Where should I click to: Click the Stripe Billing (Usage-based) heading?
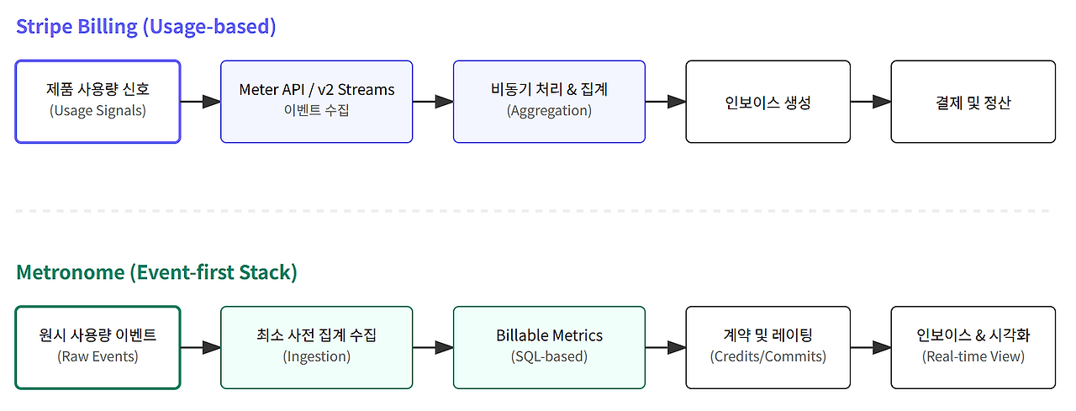(x=146, y=26)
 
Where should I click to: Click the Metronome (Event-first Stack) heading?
(x=156, y=272)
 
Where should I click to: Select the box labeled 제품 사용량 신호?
(x=98, y=101)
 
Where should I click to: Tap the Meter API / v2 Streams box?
(x=316, y=101)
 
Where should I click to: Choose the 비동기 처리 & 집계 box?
(x=549, y=101)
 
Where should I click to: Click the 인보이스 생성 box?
(x=767, y=102)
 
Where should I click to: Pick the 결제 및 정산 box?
(x=973, y=102)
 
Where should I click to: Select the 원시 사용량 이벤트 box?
(x=98, y=347)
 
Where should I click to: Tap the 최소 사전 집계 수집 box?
(x=316, y=347)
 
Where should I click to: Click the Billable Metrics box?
(x=549, y=347)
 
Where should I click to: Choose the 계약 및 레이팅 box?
(x=767, y=347)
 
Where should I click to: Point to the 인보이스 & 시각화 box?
(x=973, y=347)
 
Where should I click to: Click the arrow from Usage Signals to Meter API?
(x=200, y=102)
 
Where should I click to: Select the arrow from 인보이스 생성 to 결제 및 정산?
(x=870, y=102)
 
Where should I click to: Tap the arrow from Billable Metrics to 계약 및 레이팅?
(x=665, y=347)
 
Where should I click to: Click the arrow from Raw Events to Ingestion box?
(x=200, y=347)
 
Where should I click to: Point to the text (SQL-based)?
(x=549, y=356)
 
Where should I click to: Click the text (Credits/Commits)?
(x=767, y=356)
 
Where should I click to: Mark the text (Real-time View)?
(x=973, y=356)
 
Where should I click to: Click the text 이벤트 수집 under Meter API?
(x=316, y=111)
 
